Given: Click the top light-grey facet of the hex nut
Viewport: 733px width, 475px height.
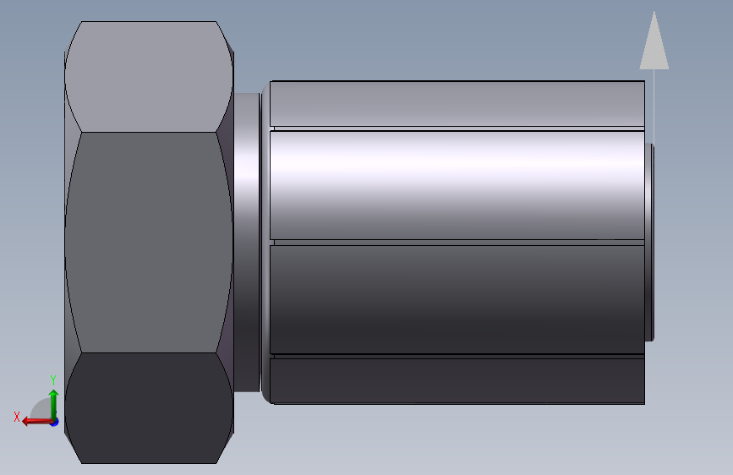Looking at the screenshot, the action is (149, 77).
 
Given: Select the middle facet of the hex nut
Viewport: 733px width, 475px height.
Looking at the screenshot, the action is (149, 243).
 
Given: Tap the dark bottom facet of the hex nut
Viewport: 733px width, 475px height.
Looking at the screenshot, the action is (149, 407).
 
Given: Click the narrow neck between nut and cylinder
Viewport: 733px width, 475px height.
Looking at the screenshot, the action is (246, 243).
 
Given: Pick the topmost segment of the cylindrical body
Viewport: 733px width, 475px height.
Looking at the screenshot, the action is (457, 104).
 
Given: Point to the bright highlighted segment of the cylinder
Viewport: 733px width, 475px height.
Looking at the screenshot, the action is (457, 185).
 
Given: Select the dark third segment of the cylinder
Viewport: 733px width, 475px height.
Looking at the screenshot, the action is (457, 299).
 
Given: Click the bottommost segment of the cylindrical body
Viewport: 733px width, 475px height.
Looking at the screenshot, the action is (457, 381).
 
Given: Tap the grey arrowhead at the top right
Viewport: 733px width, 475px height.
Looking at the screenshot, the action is (654, 41).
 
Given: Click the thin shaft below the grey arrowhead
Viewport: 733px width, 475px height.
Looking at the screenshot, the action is (654, 106).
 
